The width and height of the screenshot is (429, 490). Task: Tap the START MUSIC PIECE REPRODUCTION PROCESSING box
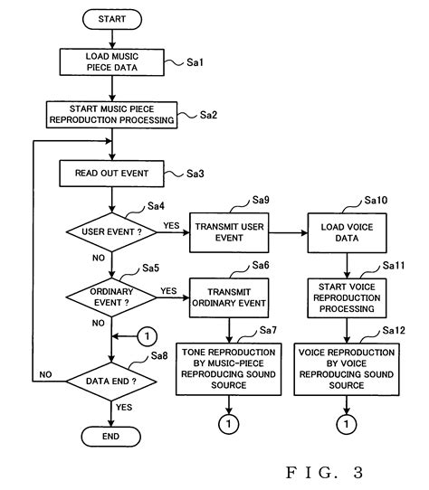[x=110, y=114]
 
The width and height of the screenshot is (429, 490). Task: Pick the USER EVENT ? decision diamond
[x=110, y=231]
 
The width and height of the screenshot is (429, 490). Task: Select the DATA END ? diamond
[x=110, y=382]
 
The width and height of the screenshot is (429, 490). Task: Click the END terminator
[x=110, y=437]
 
